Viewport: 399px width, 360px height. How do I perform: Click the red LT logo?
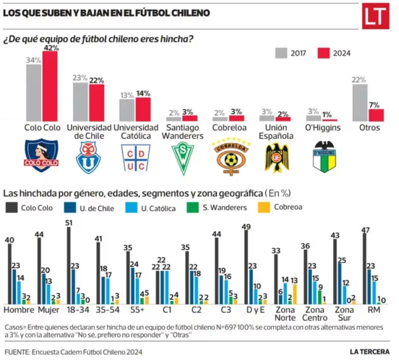[375, 16]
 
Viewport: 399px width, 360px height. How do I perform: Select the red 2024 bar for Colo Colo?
[50, 86]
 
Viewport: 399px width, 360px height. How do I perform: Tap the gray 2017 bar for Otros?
[360, 102]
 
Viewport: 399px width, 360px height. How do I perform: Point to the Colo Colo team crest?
[42, 155]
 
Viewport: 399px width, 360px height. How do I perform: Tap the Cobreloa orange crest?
[228, 157]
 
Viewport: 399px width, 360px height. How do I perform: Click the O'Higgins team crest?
[322, 157]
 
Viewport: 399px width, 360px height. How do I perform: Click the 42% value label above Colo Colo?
[51, 48]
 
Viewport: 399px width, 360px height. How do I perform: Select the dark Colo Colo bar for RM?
[365, 269]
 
